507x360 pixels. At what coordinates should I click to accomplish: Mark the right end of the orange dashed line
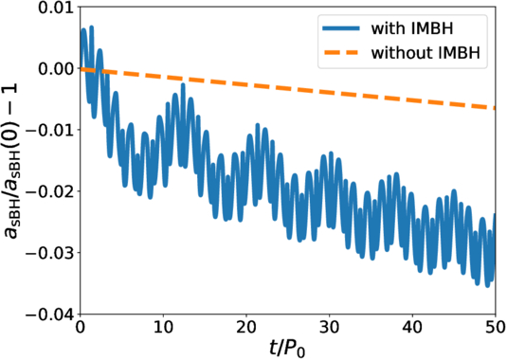pos(495,108)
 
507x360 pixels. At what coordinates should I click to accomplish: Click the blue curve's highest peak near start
pos(83,29)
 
